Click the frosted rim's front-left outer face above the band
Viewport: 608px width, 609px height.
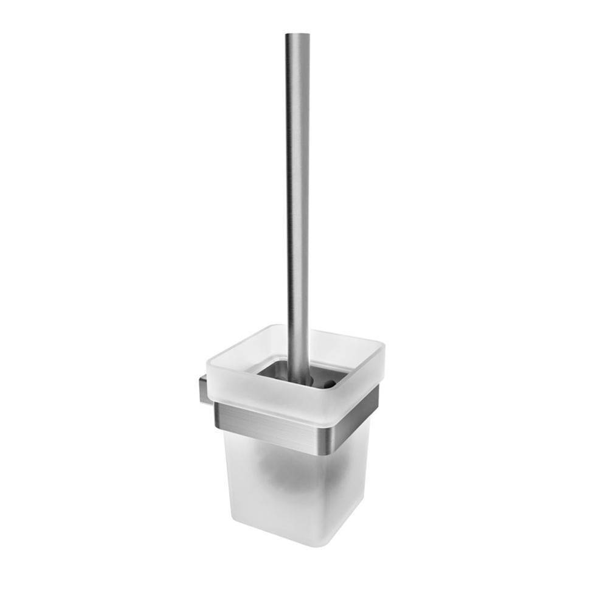[261, 402]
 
